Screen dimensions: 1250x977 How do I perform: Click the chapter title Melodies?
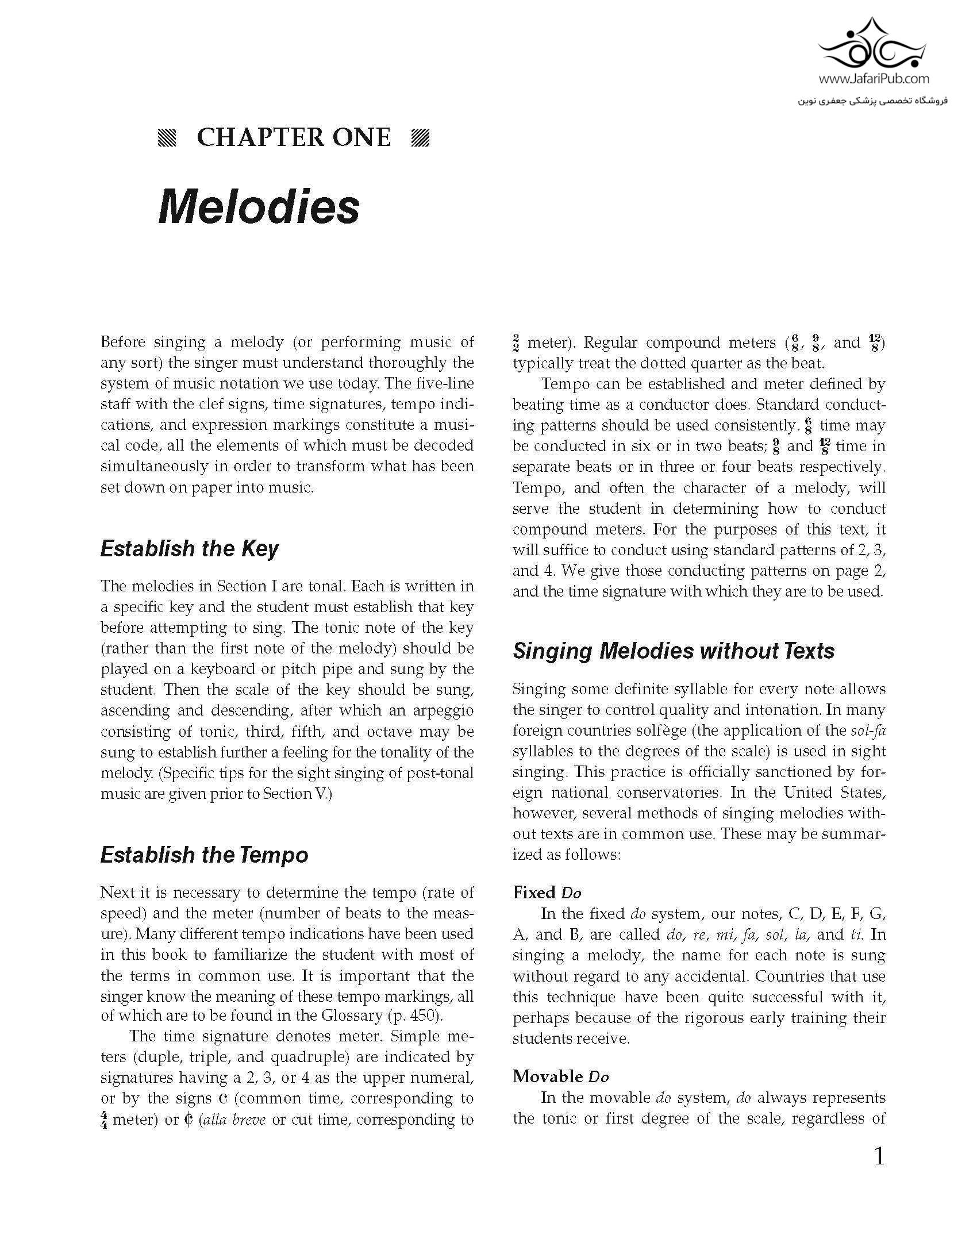pyautogui.click(x=259, y=207)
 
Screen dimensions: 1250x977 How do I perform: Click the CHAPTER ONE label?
pyautogui.click(x=294, y=138)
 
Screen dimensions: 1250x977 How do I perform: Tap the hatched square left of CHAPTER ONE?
pyautogui.click(x=167, y=139)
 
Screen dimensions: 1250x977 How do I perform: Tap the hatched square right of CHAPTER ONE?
pyautogui.click(x=421, y=139)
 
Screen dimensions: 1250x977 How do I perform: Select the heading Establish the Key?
pyautogui.click(x=189, y=549)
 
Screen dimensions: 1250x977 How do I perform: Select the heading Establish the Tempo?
pyautogui.click(x=204, y=855)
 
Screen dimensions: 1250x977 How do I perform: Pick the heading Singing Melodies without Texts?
pyautogui.click(x=674, y=651)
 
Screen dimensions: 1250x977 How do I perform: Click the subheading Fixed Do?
pyautogui.click(x=547, y=893)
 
